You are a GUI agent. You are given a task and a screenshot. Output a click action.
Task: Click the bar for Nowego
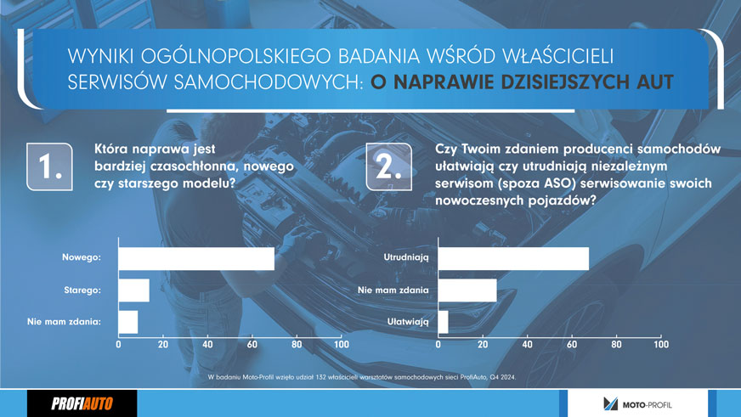point(196,259)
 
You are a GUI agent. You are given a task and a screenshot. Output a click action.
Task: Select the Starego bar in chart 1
point(134,290)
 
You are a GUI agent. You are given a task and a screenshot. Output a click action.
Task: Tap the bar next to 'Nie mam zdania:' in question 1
point(128,322)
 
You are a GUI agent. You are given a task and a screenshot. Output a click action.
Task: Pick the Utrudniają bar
point(514,259)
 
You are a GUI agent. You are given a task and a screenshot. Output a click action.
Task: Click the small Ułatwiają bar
point(444,322)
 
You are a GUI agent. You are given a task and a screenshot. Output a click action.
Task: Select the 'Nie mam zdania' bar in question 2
point(467,290)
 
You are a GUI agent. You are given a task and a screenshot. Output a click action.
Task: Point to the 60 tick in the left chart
point(252,344)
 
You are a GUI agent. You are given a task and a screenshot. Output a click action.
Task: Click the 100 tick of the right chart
point(661,344)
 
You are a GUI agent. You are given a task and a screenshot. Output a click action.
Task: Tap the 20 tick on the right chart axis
point(483,344)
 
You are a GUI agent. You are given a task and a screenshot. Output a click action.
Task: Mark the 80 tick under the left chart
point(297,344)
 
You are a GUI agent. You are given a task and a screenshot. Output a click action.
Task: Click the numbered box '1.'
point(49,166)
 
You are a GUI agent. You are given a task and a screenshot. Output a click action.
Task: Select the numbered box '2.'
point(389,166)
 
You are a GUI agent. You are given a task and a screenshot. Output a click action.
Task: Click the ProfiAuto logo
point(82,403)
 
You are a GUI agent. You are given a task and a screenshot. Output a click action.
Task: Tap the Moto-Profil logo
point(637,404)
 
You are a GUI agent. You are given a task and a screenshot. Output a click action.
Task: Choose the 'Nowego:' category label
point(82,257)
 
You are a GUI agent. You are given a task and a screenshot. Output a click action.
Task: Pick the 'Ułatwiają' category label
point(408,322)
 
